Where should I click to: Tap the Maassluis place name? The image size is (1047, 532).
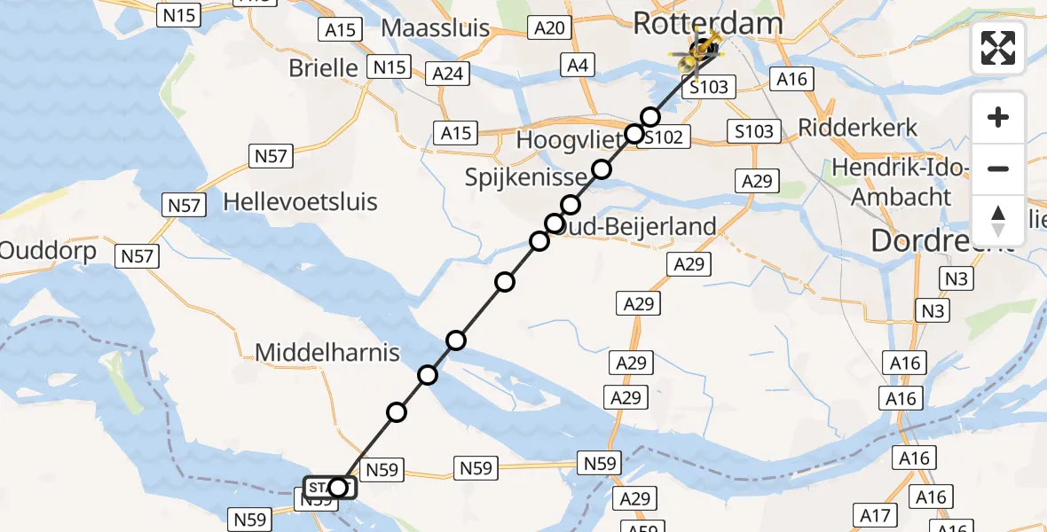point(435,27)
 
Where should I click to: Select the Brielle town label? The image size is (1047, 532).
point(323,67)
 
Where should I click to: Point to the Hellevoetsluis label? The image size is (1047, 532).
point(301,201)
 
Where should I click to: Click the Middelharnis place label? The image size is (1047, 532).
point(327,353)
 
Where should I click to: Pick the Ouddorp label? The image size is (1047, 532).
point(48,251)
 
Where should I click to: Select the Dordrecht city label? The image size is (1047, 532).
point(941,240)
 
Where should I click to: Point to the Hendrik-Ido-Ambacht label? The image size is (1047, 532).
point(902,182)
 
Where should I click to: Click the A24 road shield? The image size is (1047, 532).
point(447,74)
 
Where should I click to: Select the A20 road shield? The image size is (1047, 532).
point(550,28)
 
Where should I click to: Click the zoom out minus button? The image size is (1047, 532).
point(998,168)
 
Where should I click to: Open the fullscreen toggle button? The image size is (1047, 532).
point(998,49)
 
